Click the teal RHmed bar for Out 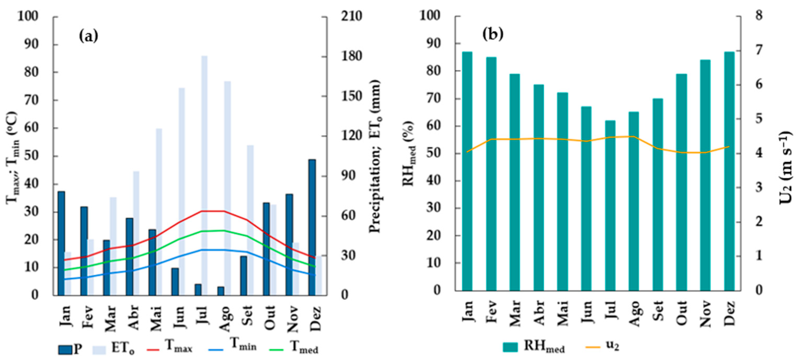(681, 182)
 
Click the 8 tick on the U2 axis (759, 16)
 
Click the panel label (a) (89, 36)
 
